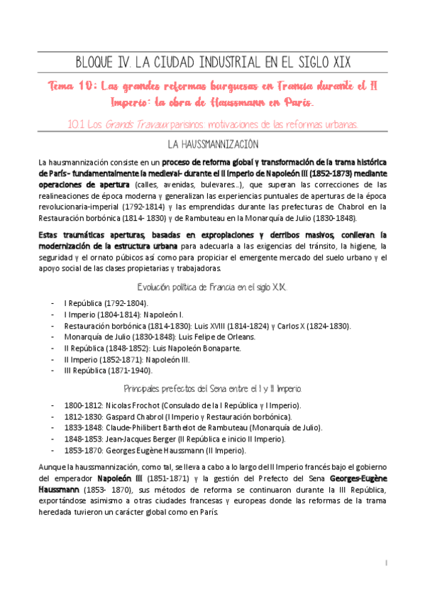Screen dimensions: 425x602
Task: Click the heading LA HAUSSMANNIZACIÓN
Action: click(212, 144)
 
